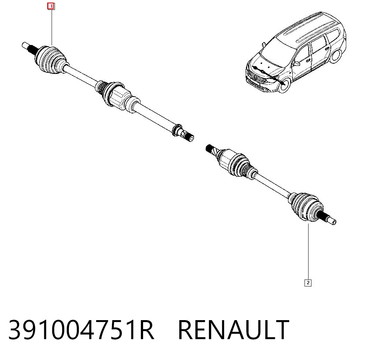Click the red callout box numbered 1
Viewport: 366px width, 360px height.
tap(51, 6)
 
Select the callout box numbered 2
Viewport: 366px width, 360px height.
tap(308, 283)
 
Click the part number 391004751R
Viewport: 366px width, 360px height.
tap(81, 330)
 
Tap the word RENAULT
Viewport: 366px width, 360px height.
tap(234, 330)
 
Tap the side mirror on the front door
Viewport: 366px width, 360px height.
tap(297, 63)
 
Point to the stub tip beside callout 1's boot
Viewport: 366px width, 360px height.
tap(26, 45)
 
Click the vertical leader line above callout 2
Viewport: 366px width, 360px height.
tap(308, 251)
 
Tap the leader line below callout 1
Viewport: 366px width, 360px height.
tap(51, 27)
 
